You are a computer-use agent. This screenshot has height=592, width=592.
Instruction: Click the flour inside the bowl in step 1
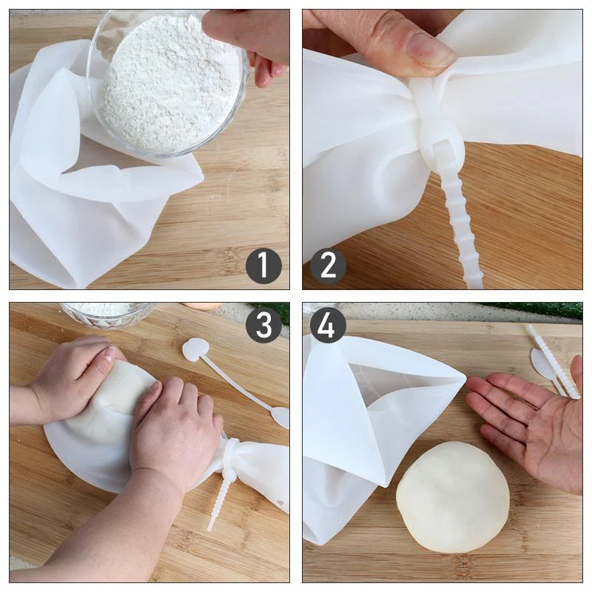coord(166,85)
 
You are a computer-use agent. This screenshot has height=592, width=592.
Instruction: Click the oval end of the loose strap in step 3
coord(280,417)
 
